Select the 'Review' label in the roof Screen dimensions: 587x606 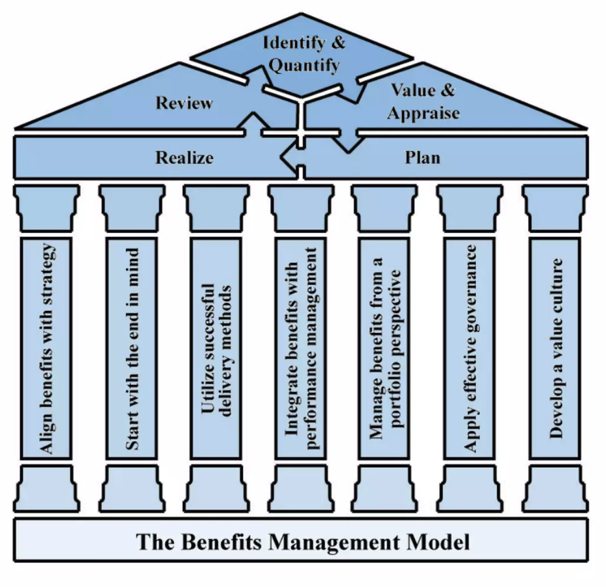pyautogui.click(x=184, y=103)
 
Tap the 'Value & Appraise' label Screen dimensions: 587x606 pyautogui.click(x=422, y=101)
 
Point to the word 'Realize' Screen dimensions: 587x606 pyautogui.click(x=184, y=158)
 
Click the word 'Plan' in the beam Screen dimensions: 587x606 pyautogui.click(x=422, y=158)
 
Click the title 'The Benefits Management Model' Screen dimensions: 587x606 pyautogui.click(x=303, y=542)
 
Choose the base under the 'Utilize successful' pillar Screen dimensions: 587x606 pyautogui.click(x=217, y=488)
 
